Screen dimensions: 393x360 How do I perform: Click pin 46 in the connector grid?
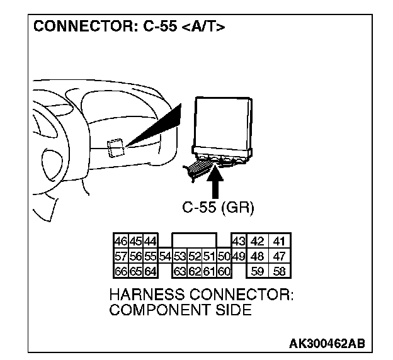tap(120, 242)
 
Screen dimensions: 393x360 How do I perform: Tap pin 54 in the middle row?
tap(165, 257)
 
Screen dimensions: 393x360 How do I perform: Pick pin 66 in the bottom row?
tap(120, 271)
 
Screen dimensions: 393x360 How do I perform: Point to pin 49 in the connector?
tap(239, 257)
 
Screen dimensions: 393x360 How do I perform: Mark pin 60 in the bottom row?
tap(224, 271)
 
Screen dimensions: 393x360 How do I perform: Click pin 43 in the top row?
tap(239, 242)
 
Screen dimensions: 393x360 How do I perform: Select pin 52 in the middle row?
tap(195, 257)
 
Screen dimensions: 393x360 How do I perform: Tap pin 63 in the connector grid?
tap(180, 271)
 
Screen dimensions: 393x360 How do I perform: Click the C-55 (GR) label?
tap(218, 208)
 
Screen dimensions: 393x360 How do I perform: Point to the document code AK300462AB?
tap(327, 344)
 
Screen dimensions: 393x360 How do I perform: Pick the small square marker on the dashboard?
tap(115, 147)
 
